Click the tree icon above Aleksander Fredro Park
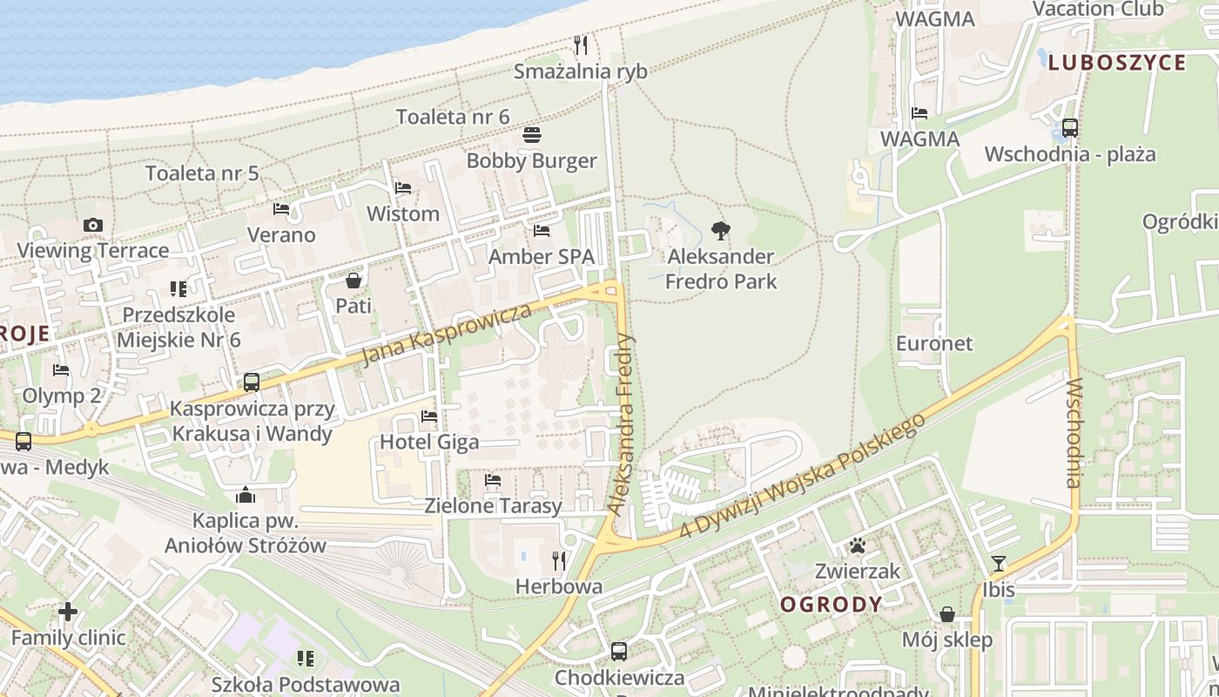(720, 231)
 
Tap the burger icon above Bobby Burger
(532, 135)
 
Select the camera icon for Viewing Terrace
(93, 225)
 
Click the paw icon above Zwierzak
(858, 546)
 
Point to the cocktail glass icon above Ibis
(998, 564)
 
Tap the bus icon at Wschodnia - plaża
(1070, 127)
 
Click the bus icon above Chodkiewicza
(618, 651)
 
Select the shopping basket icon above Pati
(354, 281)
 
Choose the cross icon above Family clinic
(68, 612)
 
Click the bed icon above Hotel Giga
(429, 416)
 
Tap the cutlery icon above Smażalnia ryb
(581, 44)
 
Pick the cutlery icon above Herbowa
(559, 560)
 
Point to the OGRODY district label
(831, 604)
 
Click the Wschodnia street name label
(1073, 433)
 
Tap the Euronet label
(934, 343)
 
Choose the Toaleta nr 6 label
(453, 117)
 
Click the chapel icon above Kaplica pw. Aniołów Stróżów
(246, 496)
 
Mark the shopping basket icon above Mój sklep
(947, 614)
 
